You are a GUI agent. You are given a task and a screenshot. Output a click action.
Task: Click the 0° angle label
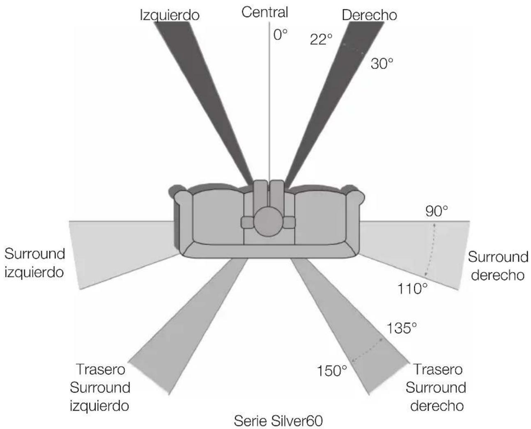pos(280,34)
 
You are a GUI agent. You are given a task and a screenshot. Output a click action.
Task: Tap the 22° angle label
pos(321,39)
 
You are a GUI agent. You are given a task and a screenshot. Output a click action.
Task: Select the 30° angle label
pos(382,63)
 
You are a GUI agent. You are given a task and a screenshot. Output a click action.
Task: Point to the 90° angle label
pos(437,211)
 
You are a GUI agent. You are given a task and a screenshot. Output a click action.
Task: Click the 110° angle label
pos(412,289)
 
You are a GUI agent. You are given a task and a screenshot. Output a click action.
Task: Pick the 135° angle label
pos(401,328)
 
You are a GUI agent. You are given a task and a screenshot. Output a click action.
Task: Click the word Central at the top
pos(265,12)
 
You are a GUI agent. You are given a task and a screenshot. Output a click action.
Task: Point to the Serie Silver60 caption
pos(278,421)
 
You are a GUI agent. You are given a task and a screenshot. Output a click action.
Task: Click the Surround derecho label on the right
pos(498,266)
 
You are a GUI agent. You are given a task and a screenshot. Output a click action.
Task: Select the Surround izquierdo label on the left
pos(34,263)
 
